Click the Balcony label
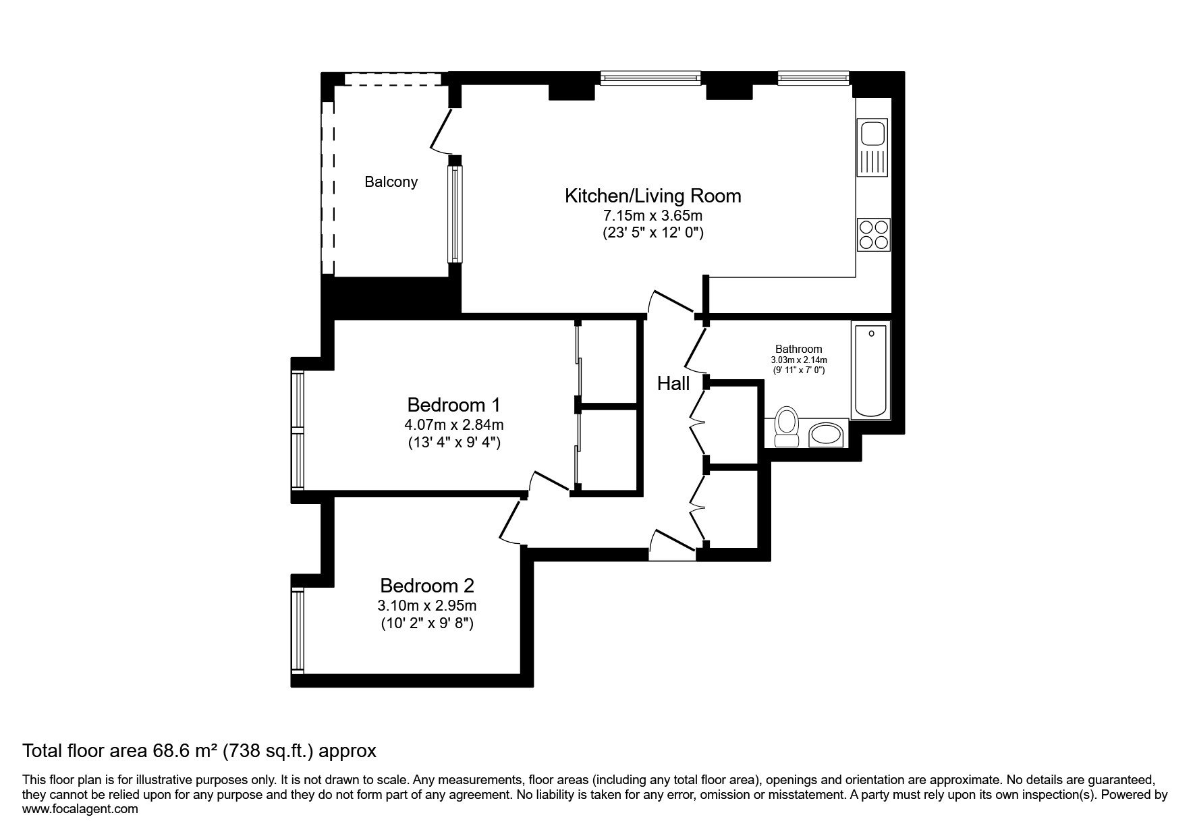click(391, 182)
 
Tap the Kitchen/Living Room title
click(652, 196)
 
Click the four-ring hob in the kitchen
click(874, 235)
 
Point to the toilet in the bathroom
click(786, 426)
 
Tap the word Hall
click(673, 383)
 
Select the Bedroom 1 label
click(454, 405)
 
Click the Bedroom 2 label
click(427, 585)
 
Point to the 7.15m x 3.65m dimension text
click(652, 217)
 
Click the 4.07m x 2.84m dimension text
click(454, 425)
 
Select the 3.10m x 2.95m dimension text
click(427, 605)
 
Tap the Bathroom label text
click(799, 349)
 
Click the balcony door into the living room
click(443, 132)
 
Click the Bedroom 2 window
click(298, 631)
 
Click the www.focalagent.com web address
click(80, 809)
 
